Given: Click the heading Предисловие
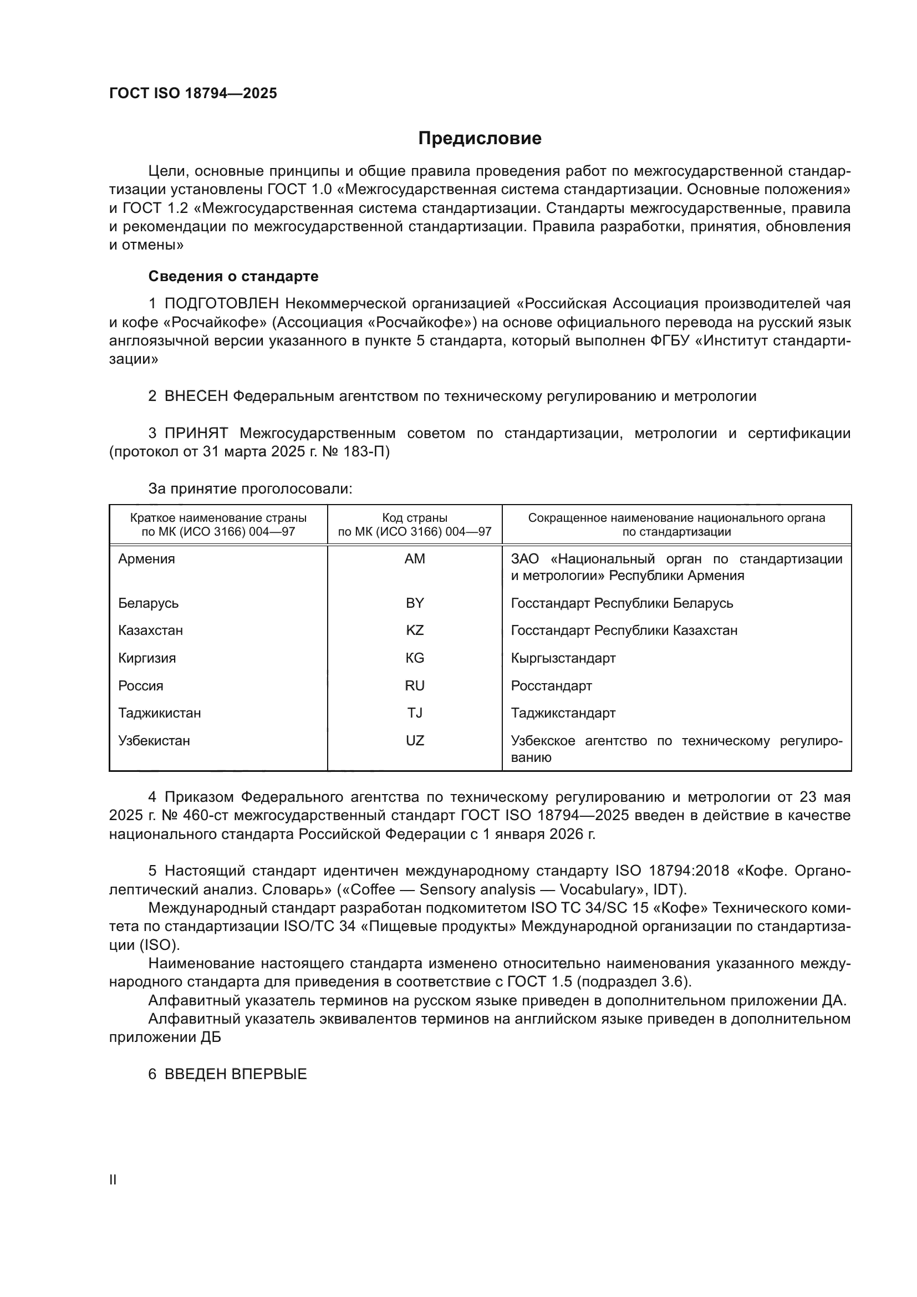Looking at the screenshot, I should click(480, 139).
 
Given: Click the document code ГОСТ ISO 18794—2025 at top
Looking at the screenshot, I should click(193, 93).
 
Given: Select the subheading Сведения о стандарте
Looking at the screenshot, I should click(233, 276).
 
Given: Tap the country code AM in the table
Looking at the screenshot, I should click(415, 559).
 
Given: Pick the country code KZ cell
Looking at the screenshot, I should click(415, 630).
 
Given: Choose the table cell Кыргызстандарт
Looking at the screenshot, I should click(563, 658).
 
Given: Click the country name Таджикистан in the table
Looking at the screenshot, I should click(159, 713).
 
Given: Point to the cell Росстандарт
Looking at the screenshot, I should click(551, 686).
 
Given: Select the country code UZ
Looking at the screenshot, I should click(415, 741).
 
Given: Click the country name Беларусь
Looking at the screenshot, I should click(148, 603).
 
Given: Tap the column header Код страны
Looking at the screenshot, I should click(415, 518).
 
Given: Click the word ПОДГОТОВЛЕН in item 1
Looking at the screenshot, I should click(221, 304).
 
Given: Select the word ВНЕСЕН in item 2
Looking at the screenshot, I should click(196, 396).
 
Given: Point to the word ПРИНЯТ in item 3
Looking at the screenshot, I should click(196, 433).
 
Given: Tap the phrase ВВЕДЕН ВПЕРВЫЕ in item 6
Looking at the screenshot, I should click(236, 1075).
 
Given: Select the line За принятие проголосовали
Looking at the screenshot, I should click(250, 489).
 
